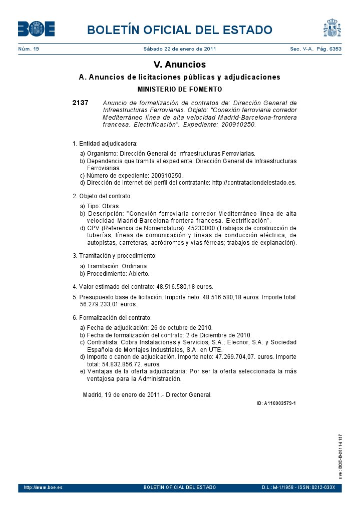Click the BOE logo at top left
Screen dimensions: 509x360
[x=36, y=29]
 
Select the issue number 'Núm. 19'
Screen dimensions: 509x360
[x=29, y=49]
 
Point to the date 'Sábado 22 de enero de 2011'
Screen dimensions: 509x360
[x=180, y=49]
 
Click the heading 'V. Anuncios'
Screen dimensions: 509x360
[x=179, y=65]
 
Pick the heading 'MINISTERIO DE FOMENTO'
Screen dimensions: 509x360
[x=179, y=90]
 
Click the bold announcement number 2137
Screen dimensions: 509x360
[x=80, y=103]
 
